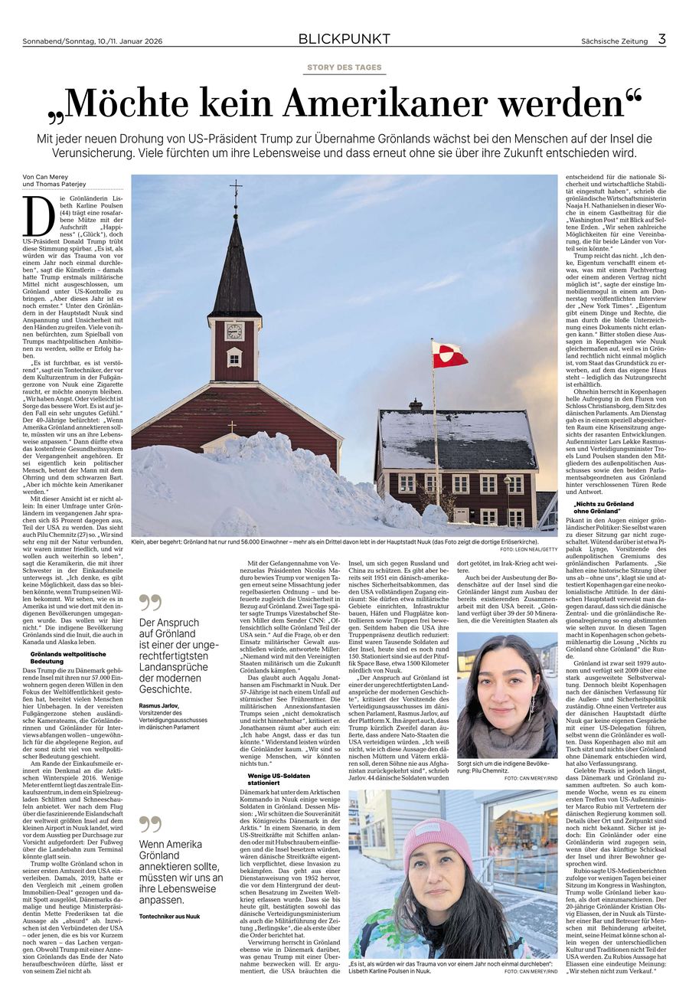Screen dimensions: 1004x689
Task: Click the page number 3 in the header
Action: [x=661, y=39]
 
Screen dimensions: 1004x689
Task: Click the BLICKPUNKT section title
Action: [x=344, y=39]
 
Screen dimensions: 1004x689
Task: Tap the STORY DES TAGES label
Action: [x=344, y=67]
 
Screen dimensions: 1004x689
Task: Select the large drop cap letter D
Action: [x=32, y=217]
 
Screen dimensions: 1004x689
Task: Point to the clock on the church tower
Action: [x=234, y=331]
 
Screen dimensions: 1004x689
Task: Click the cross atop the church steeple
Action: [x=236, y=188]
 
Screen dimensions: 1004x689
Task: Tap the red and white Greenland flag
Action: [x=449, y=354]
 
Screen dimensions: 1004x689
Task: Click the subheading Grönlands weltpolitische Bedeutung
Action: [x=67, y=656]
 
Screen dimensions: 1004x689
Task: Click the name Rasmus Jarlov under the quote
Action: [x=160, y=705]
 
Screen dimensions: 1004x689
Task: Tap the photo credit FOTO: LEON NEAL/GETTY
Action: [x=528, y=549]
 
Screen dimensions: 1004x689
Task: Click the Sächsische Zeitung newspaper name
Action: [x=613, y=41]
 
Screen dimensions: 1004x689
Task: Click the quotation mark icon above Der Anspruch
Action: [x=150, y=603]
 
